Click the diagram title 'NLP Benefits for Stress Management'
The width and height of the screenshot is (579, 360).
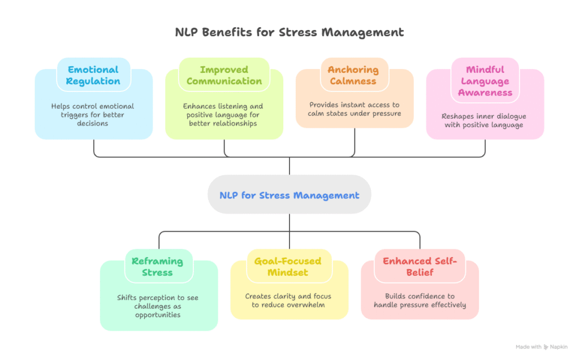[x=289, y=32]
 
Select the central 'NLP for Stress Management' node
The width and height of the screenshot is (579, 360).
[x=289, y=196]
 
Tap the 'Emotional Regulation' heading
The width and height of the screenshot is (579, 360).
[x=93, y=75]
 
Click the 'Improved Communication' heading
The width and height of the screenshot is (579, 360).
[x=224, y=75]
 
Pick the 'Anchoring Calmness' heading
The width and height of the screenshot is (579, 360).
[x=353, y=75]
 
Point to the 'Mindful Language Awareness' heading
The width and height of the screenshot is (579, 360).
[x=485, y=81]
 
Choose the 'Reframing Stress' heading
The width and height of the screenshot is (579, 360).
[x=157, y=267]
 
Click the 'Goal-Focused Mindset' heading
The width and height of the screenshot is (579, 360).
[x=288, y=267]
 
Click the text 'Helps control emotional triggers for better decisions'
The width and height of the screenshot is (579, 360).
[x=93, y=115]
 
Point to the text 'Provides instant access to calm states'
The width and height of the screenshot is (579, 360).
[x=354, y=109]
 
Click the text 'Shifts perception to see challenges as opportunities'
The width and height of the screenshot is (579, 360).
[x=158, y=306]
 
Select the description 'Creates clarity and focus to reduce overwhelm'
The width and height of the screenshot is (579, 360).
[x=288, y=301]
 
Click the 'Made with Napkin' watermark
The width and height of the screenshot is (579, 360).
[x=542, y=347]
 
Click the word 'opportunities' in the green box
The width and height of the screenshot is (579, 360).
[x=158, y=315]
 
